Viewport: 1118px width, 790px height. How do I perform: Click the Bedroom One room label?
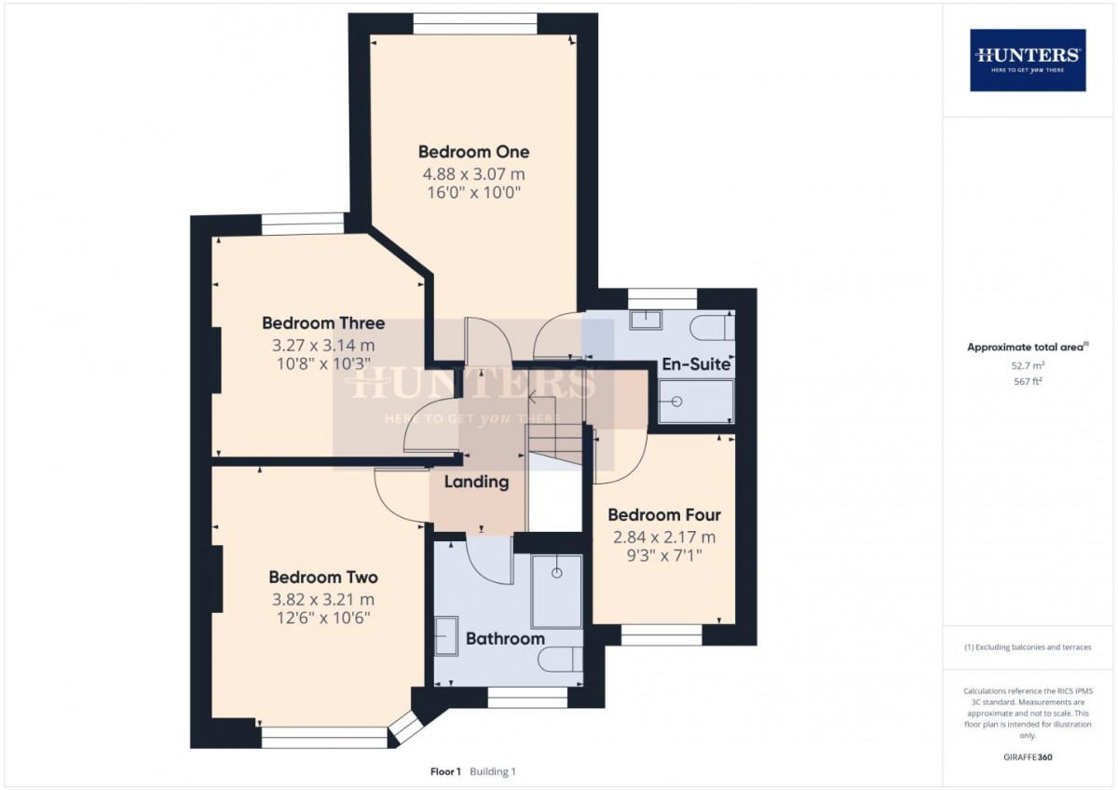(x=473, y=152)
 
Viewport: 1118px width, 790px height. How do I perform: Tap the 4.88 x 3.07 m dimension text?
(x=473, y=174)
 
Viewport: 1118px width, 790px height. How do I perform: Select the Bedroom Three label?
(x=323, y=323)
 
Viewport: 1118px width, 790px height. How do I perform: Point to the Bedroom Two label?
(x=323, y=578)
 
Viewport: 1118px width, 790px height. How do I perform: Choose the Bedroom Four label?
(x=664, y=515)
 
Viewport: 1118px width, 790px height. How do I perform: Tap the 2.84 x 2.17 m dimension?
(x=664, y=537)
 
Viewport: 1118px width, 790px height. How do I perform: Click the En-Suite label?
(x=695, y=363)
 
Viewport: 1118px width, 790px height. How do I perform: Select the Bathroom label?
(x=505, y=639)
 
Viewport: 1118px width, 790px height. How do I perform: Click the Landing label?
(x=476, y=482)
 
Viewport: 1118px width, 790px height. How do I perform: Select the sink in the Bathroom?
(x=447, y=635)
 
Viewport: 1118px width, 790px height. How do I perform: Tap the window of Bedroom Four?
(x=661, y=634)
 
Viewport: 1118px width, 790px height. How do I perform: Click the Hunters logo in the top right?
(x=1028, y=60)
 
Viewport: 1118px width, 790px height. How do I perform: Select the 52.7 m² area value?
(x=1028, y=366)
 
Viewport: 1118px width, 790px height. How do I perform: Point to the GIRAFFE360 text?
(x=1028, y=757)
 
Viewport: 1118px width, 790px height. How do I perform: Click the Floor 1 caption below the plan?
(x=445, y=771)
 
